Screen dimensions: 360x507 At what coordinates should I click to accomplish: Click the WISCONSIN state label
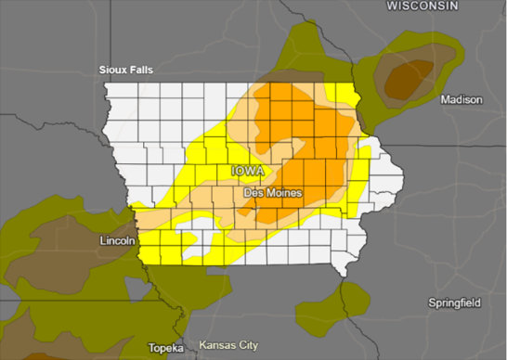coord(423,6)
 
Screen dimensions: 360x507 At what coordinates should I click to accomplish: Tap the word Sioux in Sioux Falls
coord(117,70)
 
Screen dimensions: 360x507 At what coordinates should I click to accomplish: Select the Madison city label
coord(461,99)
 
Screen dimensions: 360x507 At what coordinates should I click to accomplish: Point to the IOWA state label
coord(248,172)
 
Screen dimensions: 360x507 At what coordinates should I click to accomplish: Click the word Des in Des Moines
coord(253,192)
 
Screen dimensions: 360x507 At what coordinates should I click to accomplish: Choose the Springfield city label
coord(456,303)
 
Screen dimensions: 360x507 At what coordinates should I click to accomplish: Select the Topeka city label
coord(166,348)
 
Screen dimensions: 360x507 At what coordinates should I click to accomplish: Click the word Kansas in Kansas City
coord(217,345)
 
